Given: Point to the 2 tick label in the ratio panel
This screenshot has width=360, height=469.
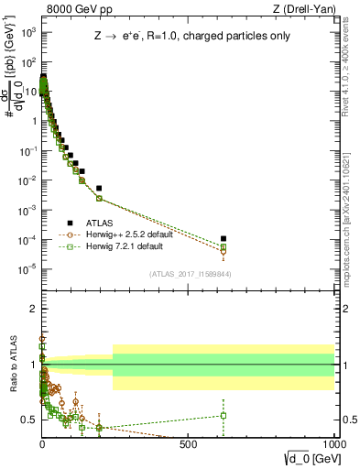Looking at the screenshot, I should pos(32,309).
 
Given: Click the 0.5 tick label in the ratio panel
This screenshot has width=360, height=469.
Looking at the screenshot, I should pos(27,420).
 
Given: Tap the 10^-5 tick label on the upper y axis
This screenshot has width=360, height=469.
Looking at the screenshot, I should pos(27,268).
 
